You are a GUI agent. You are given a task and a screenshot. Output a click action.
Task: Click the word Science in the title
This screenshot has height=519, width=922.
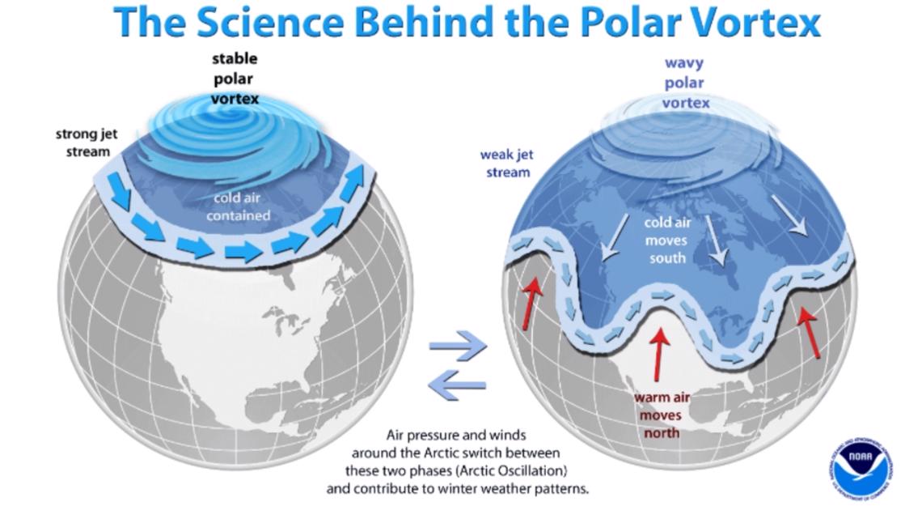pyautogui.click(x=270, y=23)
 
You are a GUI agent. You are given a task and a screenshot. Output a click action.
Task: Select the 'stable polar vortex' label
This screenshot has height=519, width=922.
pyautogui.click(x=235, y=79)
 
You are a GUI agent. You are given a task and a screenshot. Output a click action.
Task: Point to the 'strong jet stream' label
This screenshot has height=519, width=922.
pyautogui.click(x=86, y=143)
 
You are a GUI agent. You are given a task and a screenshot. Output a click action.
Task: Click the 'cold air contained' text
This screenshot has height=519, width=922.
pyautogui.click(x=238, y=206)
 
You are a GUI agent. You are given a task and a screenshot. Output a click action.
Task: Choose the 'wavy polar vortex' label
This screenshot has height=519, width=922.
pyautogui.click(x=685, y=83)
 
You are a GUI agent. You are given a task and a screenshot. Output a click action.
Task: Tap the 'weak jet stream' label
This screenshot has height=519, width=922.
pyautogui.click(x=506, y=163)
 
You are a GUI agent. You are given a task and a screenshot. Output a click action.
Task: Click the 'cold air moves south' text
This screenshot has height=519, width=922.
pyautogui.click(x=667, y=240)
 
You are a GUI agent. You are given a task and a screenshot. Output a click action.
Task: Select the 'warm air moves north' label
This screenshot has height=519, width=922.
pyautogui.click(x=662, y=415)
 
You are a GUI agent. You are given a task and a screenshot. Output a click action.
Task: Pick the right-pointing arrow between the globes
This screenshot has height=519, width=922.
pyautogui.click(x=458, y=346)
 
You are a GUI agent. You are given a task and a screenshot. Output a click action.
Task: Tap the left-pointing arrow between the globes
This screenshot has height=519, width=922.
pyautogui.click(x=457, y=385)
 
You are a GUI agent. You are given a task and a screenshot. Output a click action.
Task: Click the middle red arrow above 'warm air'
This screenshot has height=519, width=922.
pyautogui.click(x=660, y=354)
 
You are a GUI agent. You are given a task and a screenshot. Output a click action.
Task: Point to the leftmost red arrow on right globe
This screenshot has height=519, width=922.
pyautogui.click(x=531, y=304)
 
